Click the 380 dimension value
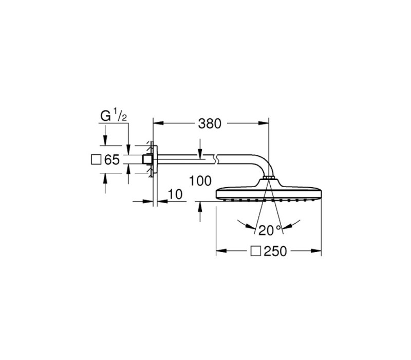[210, 123]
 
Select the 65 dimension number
[112, 159]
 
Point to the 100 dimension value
[200, 181]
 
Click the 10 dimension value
[175, 194]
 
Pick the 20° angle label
[270, 230]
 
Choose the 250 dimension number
[275, 251]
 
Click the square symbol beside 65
[96, 159]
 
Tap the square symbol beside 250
[255, 251]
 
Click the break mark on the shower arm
[216, 159]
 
